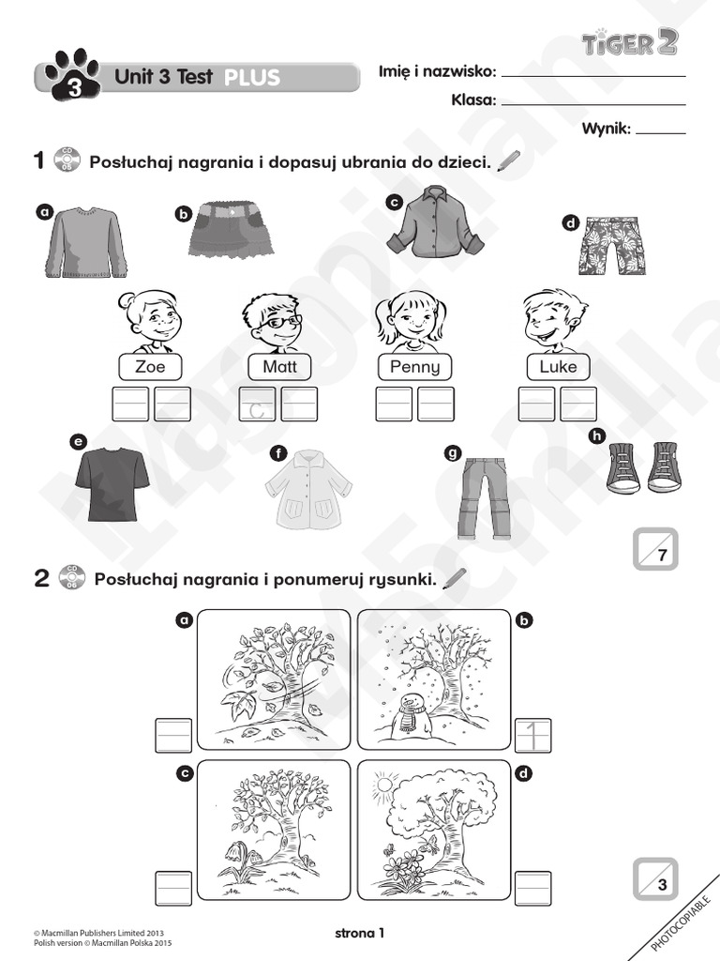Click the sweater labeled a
(86, 242)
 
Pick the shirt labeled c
(435, 221)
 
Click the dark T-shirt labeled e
(112, 483)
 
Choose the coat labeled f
(307, 490)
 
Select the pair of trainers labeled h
(644, 467)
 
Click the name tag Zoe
(150, 366)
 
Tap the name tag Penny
(413, 366)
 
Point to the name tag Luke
(558, 366)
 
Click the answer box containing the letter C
(258, 404)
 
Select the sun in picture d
(384, 782)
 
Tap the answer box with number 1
(533, 735)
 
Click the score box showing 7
(654, 549)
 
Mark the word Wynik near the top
(606, 129)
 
